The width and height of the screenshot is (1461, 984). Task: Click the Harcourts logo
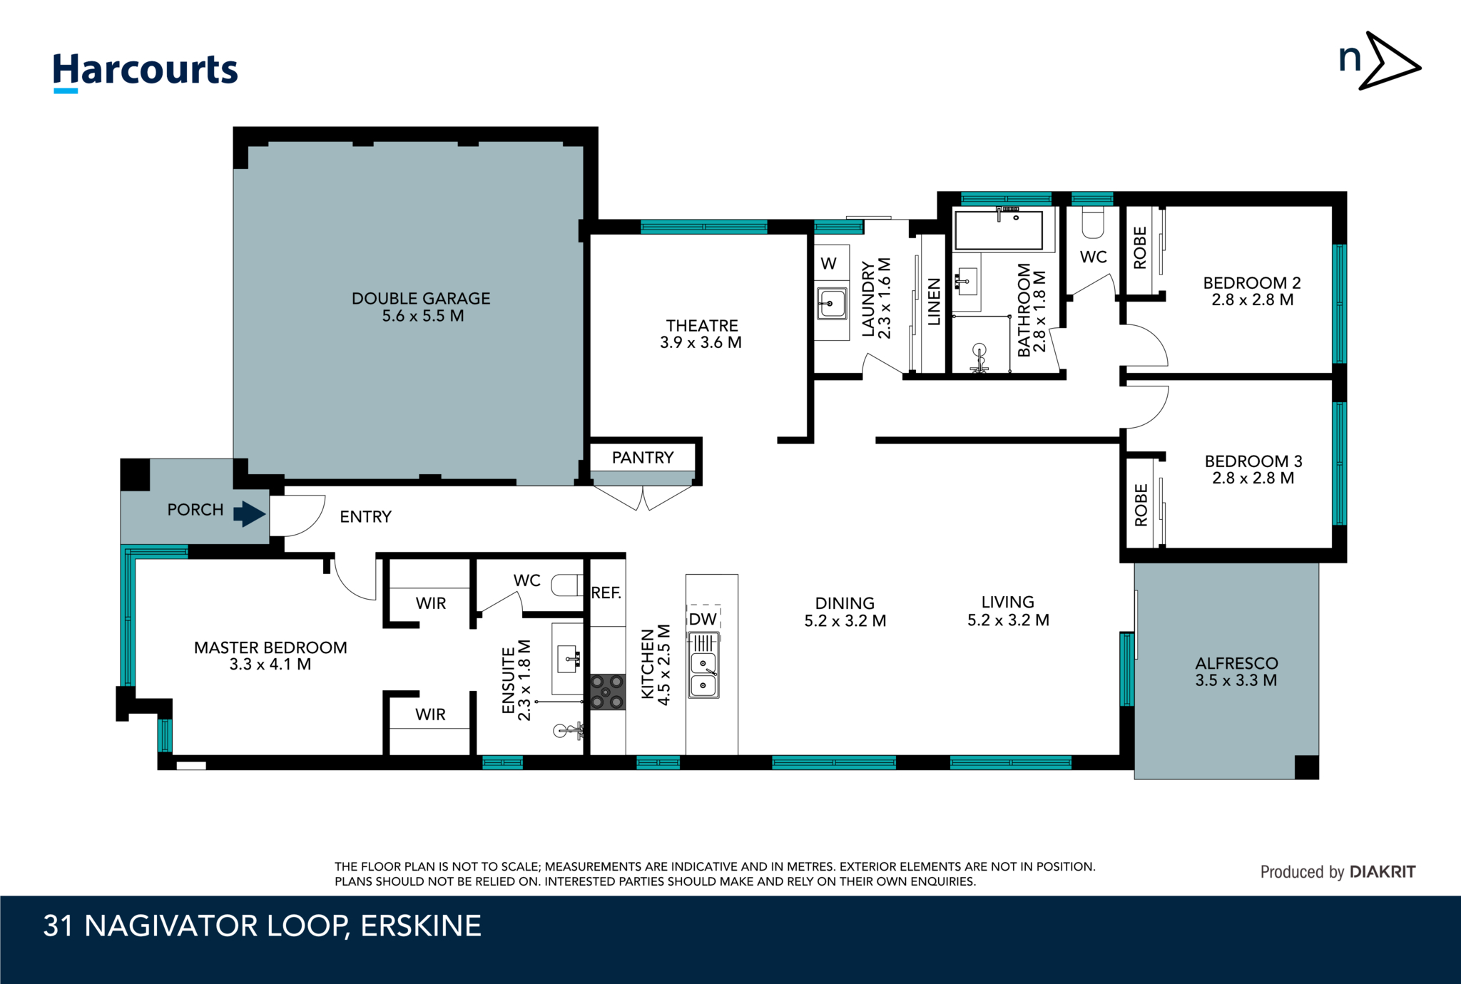point(145,71)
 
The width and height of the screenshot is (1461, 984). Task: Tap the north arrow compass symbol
point(1380,61)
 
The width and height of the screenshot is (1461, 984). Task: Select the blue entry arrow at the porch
point(250,513)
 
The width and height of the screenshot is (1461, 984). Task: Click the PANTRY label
point(642,458)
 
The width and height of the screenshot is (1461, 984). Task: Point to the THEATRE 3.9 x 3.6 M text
point(701,334)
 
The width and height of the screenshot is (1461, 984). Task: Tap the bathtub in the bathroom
point(999,230)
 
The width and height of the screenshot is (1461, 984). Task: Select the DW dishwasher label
point(703,619)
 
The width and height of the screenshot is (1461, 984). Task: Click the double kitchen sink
point(703,675)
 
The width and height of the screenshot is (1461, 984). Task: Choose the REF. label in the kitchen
point(606,593)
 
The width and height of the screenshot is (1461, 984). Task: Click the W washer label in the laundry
point(828,264)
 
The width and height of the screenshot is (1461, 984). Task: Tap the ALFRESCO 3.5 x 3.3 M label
point(1236,672)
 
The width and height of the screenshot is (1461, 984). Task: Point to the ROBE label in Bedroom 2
point(1140,248)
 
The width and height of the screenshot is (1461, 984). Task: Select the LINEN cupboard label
point(934,302)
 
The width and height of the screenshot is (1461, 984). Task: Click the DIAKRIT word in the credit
point(1382,872)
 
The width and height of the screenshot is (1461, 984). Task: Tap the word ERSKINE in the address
point(421,926)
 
